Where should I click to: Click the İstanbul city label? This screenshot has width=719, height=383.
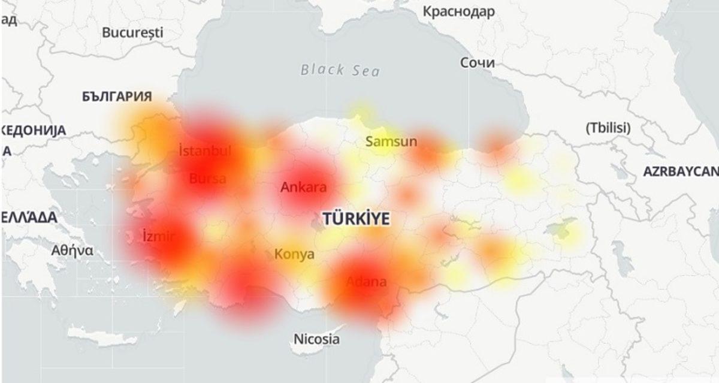click(205, 150)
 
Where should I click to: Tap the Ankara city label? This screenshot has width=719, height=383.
click(303, 187)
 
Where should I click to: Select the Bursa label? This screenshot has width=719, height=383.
click(207, 178)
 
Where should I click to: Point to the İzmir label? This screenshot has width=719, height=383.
click(159, 236)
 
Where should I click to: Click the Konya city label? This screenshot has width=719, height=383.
click(294, 254)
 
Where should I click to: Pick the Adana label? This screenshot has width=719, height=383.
click(366, 282)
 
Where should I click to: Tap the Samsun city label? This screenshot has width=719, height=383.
click(391, 142)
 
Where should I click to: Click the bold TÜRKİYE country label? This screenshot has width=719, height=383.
click(356, 218)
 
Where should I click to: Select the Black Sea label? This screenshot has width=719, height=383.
click(340, 70)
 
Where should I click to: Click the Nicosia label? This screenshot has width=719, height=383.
click(316, 339)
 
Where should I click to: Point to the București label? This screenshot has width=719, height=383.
click(132, 32)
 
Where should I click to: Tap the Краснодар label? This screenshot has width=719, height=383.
click(458, 11)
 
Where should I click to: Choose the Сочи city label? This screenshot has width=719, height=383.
click(478, 62)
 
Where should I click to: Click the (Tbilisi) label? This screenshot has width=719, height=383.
click(608, 127)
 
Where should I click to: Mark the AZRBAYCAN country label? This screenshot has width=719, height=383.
click(681, 171)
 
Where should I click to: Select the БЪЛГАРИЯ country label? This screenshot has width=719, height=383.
click(117, 96)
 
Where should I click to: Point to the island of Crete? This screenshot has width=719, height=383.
click(102, 336)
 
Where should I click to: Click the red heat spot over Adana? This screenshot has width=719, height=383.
click(362, 282)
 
